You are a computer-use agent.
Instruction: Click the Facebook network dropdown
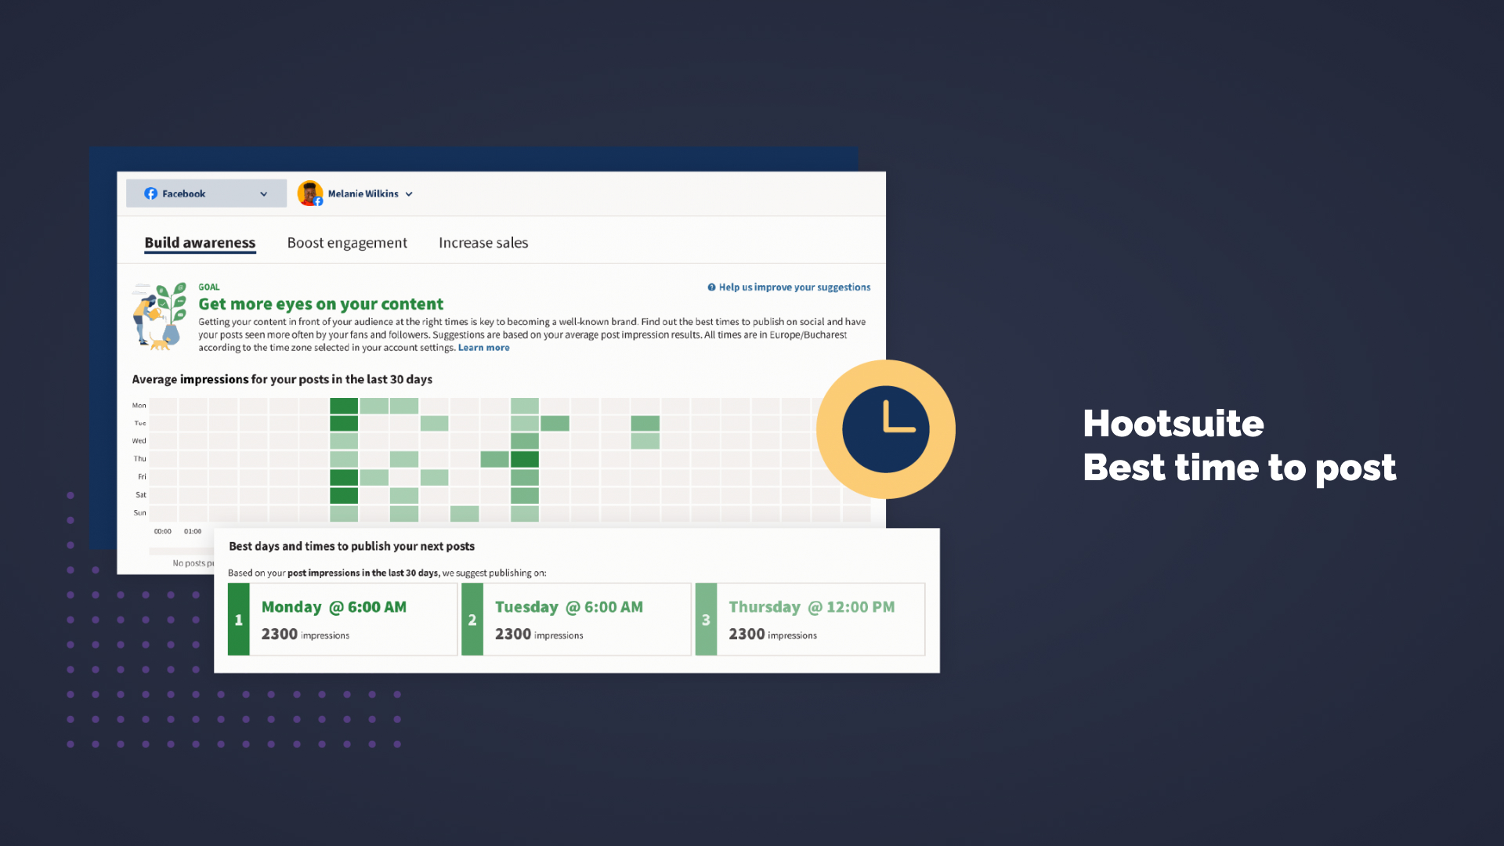click(206, 193)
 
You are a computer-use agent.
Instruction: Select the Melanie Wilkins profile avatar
click(310, 193)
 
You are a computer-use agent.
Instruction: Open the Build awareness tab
click(200, 243)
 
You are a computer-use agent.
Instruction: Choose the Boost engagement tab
click(347, 243)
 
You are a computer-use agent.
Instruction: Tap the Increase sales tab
click(483, 243)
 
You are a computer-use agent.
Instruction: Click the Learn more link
click(483, 348)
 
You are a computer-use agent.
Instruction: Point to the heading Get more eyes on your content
click(320, 304)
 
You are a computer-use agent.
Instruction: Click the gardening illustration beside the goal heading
click(160, 316)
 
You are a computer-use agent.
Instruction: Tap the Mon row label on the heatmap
click(139, 406)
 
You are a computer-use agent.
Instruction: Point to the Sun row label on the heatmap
click(139, 513)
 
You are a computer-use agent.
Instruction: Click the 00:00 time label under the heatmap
click(162, 531)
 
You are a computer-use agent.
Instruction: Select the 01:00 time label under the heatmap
click(193, 531)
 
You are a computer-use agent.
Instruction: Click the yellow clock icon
click(885, 429)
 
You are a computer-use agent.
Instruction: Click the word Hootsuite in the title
click(1173, 424)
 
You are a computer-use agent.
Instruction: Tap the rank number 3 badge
click(706, 620)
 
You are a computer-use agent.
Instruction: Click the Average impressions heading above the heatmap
click(282, 379)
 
